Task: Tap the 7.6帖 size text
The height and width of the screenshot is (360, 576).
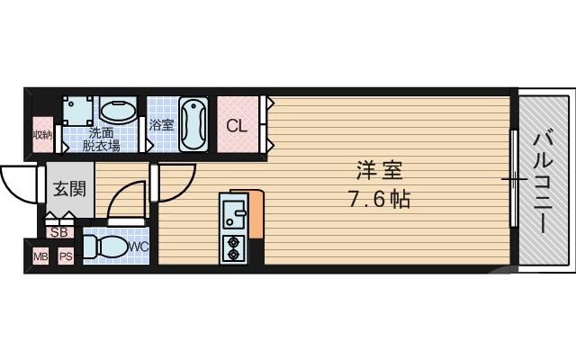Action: tap(378, 200)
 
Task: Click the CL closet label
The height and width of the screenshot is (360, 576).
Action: tap(236, 126)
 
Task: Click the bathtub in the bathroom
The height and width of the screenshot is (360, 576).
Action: tap(193, 125)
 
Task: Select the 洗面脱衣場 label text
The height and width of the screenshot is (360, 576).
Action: tap(103, 137)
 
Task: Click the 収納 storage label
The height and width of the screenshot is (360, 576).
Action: tap(42, 136)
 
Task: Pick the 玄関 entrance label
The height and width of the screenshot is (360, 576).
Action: tap(67, 190)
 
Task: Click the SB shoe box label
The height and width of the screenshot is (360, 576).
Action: tap(59, 232)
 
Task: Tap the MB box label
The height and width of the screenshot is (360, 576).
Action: tap(40, 257)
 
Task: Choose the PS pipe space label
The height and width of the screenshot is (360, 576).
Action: tap(65, 257)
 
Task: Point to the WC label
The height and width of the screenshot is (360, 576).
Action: tap(139, 245)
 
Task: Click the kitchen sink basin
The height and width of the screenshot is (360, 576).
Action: tap(234, 214)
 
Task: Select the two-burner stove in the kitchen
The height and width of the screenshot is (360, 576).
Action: tap(234, 247)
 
